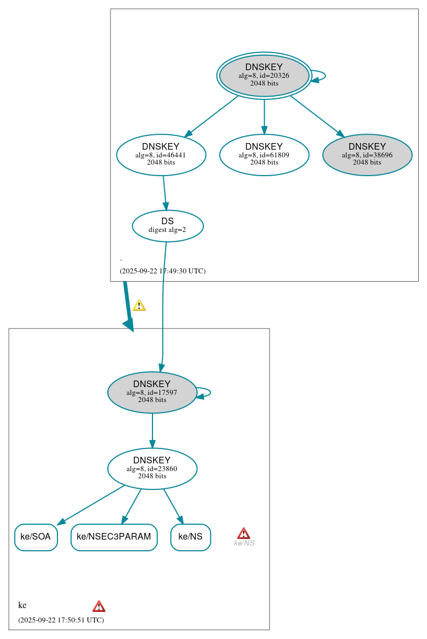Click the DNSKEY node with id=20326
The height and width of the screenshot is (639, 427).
coord(264,76)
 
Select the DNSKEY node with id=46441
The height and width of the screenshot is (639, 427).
coord(161,155)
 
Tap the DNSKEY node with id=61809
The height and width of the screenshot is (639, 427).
coord(264,155)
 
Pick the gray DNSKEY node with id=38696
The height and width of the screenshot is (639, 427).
coord(367,155)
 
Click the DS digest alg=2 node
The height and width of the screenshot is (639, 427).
coord(167,226)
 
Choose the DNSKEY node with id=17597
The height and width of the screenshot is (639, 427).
coord(152,392)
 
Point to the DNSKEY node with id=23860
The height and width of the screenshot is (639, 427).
coord(152,468)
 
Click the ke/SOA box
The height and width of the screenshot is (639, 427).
coord(36,537)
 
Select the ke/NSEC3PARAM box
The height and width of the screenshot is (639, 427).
coord(114,537)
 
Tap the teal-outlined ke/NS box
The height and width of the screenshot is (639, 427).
coord(191,537)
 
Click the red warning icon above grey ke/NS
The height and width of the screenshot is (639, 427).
coord(244,533)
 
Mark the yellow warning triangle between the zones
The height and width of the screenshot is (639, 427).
coord(139,305)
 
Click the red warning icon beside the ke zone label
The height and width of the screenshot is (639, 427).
coord(99,606)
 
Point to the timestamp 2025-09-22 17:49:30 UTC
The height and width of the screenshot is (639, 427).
coord(162,271)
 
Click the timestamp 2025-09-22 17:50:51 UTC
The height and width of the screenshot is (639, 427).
coord(61,620)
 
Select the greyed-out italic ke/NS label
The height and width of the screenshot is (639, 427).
coord(244,543)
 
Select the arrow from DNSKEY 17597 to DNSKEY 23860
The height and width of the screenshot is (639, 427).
coord(152,431)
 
